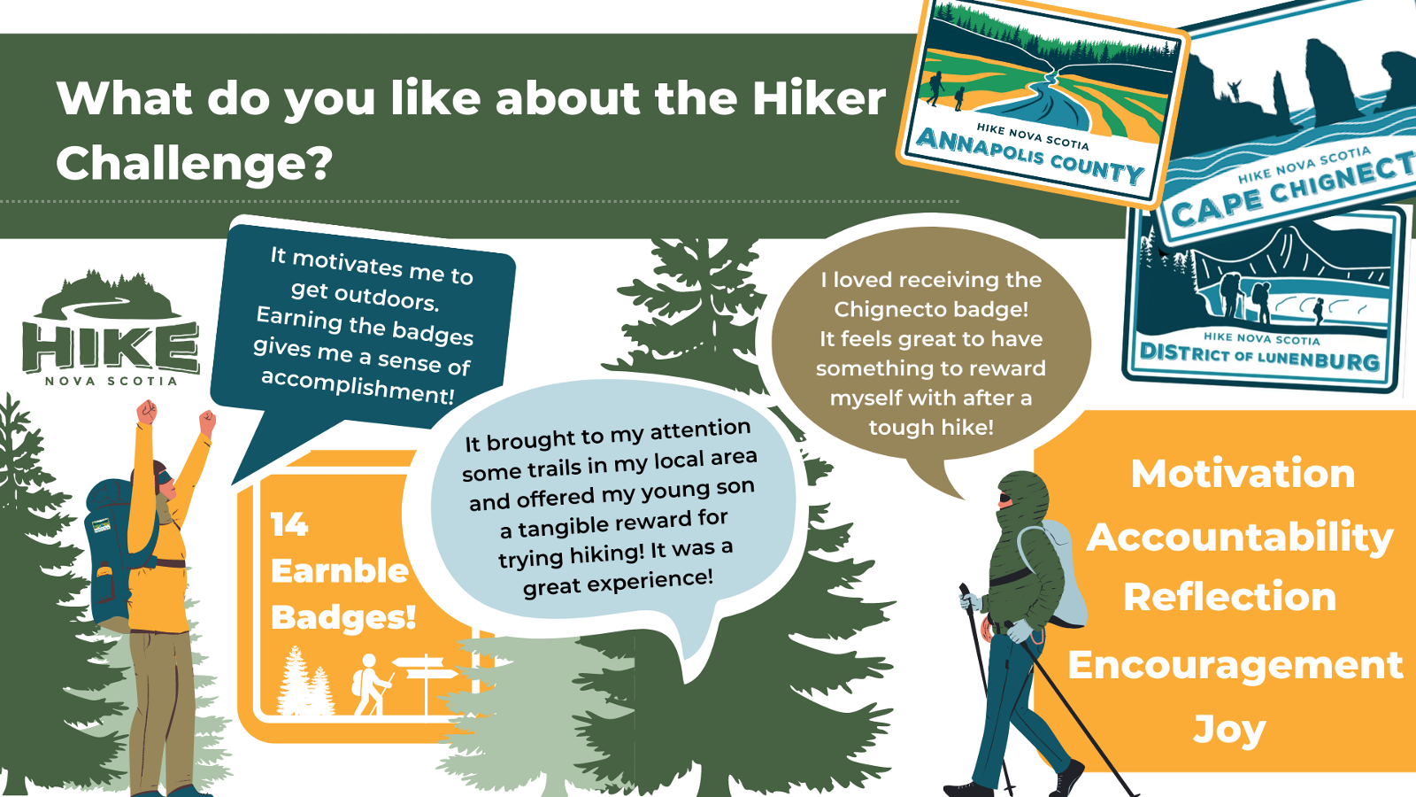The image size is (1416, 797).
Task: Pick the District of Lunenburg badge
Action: click(x=1261, y=301)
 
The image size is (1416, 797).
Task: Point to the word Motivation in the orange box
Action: click(x=1243, y=474)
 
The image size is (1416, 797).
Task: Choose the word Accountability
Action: click(x=1240, y=537)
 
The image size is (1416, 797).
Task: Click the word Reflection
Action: click(x=1229, y=597)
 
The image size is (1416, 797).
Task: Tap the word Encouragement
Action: click(x=1235, y=665)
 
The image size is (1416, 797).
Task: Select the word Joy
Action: click(x=1229, y=730)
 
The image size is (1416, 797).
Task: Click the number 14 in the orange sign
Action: click(x=289, y=525)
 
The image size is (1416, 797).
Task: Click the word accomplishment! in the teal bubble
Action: click(x=357, y=386)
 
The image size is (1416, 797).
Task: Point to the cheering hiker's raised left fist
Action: click(x=146, y=412)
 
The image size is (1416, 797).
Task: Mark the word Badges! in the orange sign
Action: click(x=343, y=617)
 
